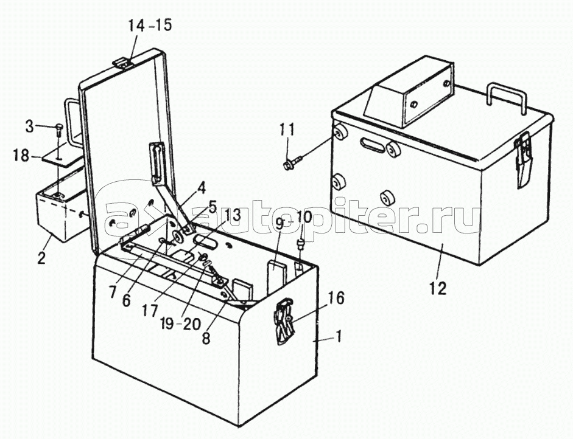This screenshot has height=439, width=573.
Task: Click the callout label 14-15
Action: coord(149,26)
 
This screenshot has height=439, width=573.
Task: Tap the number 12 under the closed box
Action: coord(438,288)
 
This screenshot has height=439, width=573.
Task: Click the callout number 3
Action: coord(30,126)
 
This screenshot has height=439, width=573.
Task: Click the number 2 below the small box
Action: coord(41,258)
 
